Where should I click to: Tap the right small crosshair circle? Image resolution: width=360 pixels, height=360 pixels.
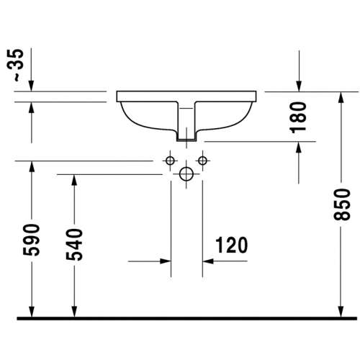(202, 159)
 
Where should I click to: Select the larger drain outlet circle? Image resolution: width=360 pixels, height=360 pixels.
(186, 174)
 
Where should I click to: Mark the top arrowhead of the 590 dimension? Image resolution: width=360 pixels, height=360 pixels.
(31, 168)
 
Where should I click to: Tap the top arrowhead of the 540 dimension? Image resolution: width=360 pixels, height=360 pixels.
(74, 181)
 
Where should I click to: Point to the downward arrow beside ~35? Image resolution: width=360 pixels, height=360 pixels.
(31, 84)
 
